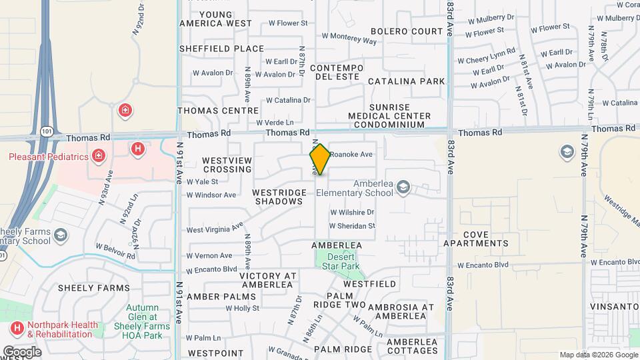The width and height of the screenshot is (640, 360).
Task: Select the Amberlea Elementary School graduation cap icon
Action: point(403,189)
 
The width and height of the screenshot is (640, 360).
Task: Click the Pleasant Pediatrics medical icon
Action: point(99,155)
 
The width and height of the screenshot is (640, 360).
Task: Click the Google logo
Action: point(22,351)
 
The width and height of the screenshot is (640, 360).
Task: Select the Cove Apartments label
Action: point(485,239)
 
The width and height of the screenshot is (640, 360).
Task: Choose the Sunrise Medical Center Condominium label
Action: point(399,115)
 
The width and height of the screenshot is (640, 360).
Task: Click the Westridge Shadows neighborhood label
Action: point(279,197)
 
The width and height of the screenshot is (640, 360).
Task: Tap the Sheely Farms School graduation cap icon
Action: point(61,235)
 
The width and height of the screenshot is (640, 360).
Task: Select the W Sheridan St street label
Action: point(353,227)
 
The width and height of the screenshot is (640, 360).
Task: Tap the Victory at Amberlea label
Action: point(267,280)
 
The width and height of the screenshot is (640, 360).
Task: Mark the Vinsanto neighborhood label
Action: point(615,306)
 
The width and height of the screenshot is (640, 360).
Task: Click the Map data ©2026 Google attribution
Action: point(598,355)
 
